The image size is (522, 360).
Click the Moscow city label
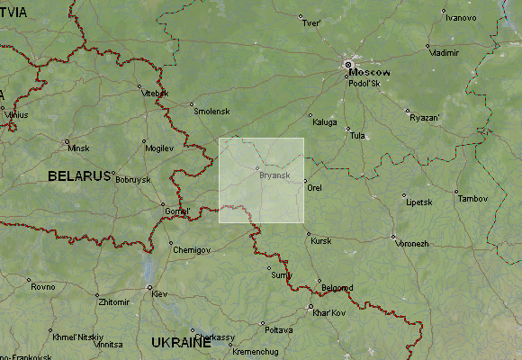click(x=371, y=71)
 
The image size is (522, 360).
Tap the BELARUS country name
click(x=79, y=175)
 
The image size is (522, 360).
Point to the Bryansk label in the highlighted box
click(x=274, y=175)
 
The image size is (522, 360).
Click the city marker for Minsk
click(x=67, y=141)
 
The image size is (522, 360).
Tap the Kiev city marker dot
click(x=149, y=287)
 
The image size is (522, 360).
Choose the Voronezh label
click(x=412, y=243)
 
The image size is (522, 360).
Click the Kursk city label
click(x=321, y=241)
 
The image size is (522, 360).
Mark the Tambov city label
click(x=474, y=198)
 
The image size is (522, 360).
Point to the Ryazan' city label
click(x=424, y=118)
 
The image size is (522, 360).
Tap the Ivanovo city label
click(x=461, y=18)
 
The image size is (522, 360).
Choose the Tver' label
click(x=311, y=23)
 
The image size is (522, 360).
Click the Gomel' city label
click(x=177, y=211)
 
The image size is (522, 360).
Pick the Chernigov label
click(x=191, y=248)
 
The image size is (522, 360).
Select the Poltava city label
click(x=278, y=329)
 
